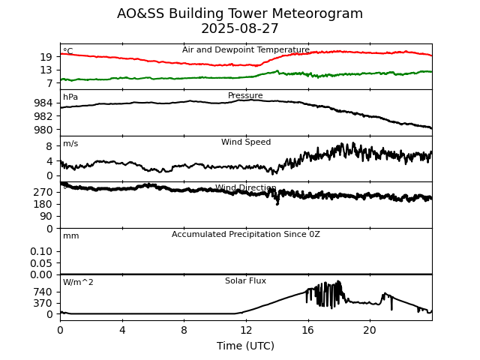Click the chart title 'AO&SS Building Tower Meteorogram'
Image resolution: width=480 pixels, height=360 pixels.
[x=240, y=13]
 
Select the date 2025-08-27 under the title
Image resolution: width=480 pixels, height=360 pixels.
[x=240, y=28]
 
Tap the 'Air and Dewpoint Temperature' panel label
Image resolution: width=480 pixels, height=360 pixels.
[x=245, y=50]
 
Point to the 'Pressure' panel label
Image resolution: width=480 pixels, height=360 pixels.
[x=245, y=96]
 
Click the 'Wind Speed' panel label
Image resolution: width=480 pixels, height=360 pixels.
[x=245, y=142]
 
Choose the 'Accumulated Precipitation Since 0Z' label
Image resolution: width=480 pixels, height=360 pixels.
[x=245, y=235]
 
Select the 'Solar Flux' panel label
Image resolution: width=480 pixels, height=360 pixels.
[x=245, y=281]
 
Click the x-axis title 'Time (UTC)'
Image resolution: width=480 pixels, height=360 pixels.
[x=245, y=346]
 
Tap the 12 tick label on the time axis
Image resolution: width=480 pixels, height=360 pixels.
[x=245, y=330]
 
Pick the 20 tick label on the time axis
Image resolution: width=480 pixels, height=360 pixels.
[x=370, y=330]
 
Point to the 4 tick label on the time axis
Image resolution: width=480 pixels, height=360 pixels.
[x=122, y=330]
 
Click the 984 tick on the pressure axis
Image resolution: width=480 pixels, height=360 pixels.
[x=43, y=103]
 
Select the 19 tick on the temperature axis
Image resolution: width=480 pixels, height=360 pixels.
[x=46, y=57]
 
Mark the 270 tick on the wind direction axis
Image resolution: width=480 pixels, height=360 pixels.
[x=43, y=192]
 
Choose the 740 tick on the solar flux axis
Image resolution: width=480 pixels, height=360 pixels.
[x=43, y=292]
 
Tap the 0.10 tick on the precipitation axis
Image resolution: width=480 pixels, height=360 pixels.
[x=41, y=251]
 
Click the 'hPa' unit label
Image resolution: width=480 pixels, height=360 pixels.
[x=70, y=97]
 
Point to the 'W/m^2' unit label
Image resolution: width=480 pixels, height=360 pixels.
[x=78, y=283]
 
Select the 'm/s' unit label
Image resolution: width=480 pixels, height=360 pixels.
[x=70, y=144]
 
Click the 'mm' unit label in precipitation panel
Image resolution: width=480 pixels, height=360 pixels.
[x=70, y=236]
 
